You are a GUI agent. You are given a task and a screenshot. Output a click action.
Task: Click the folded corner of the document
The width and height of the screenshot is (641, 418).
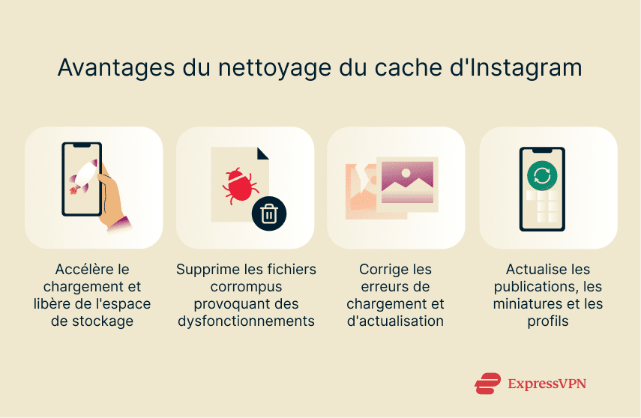click(262, 153)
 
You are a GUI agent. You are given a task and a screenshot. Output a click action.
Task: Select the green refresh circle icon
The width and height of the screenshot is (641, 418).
click(542, 175)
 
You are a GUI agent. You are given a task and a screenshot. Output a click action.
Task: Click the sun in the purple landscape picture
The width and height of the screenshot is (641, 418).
click(406, 172)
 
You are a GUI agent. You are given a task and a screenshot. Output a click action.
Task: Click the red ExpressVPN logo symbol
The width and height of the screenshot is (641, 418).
click(487, 384)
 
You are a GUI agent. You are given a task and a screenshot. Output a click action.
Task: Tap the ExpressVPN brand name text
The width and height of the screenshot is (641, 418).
click(547, 384)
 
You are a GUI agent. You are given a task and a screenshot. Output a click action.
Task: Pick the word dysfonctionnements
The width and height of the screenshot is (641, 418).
click(245, 321)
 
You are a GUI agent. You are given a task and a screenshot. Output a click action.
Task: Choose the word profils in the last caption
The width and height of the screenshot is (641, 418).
click(548, 321)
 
